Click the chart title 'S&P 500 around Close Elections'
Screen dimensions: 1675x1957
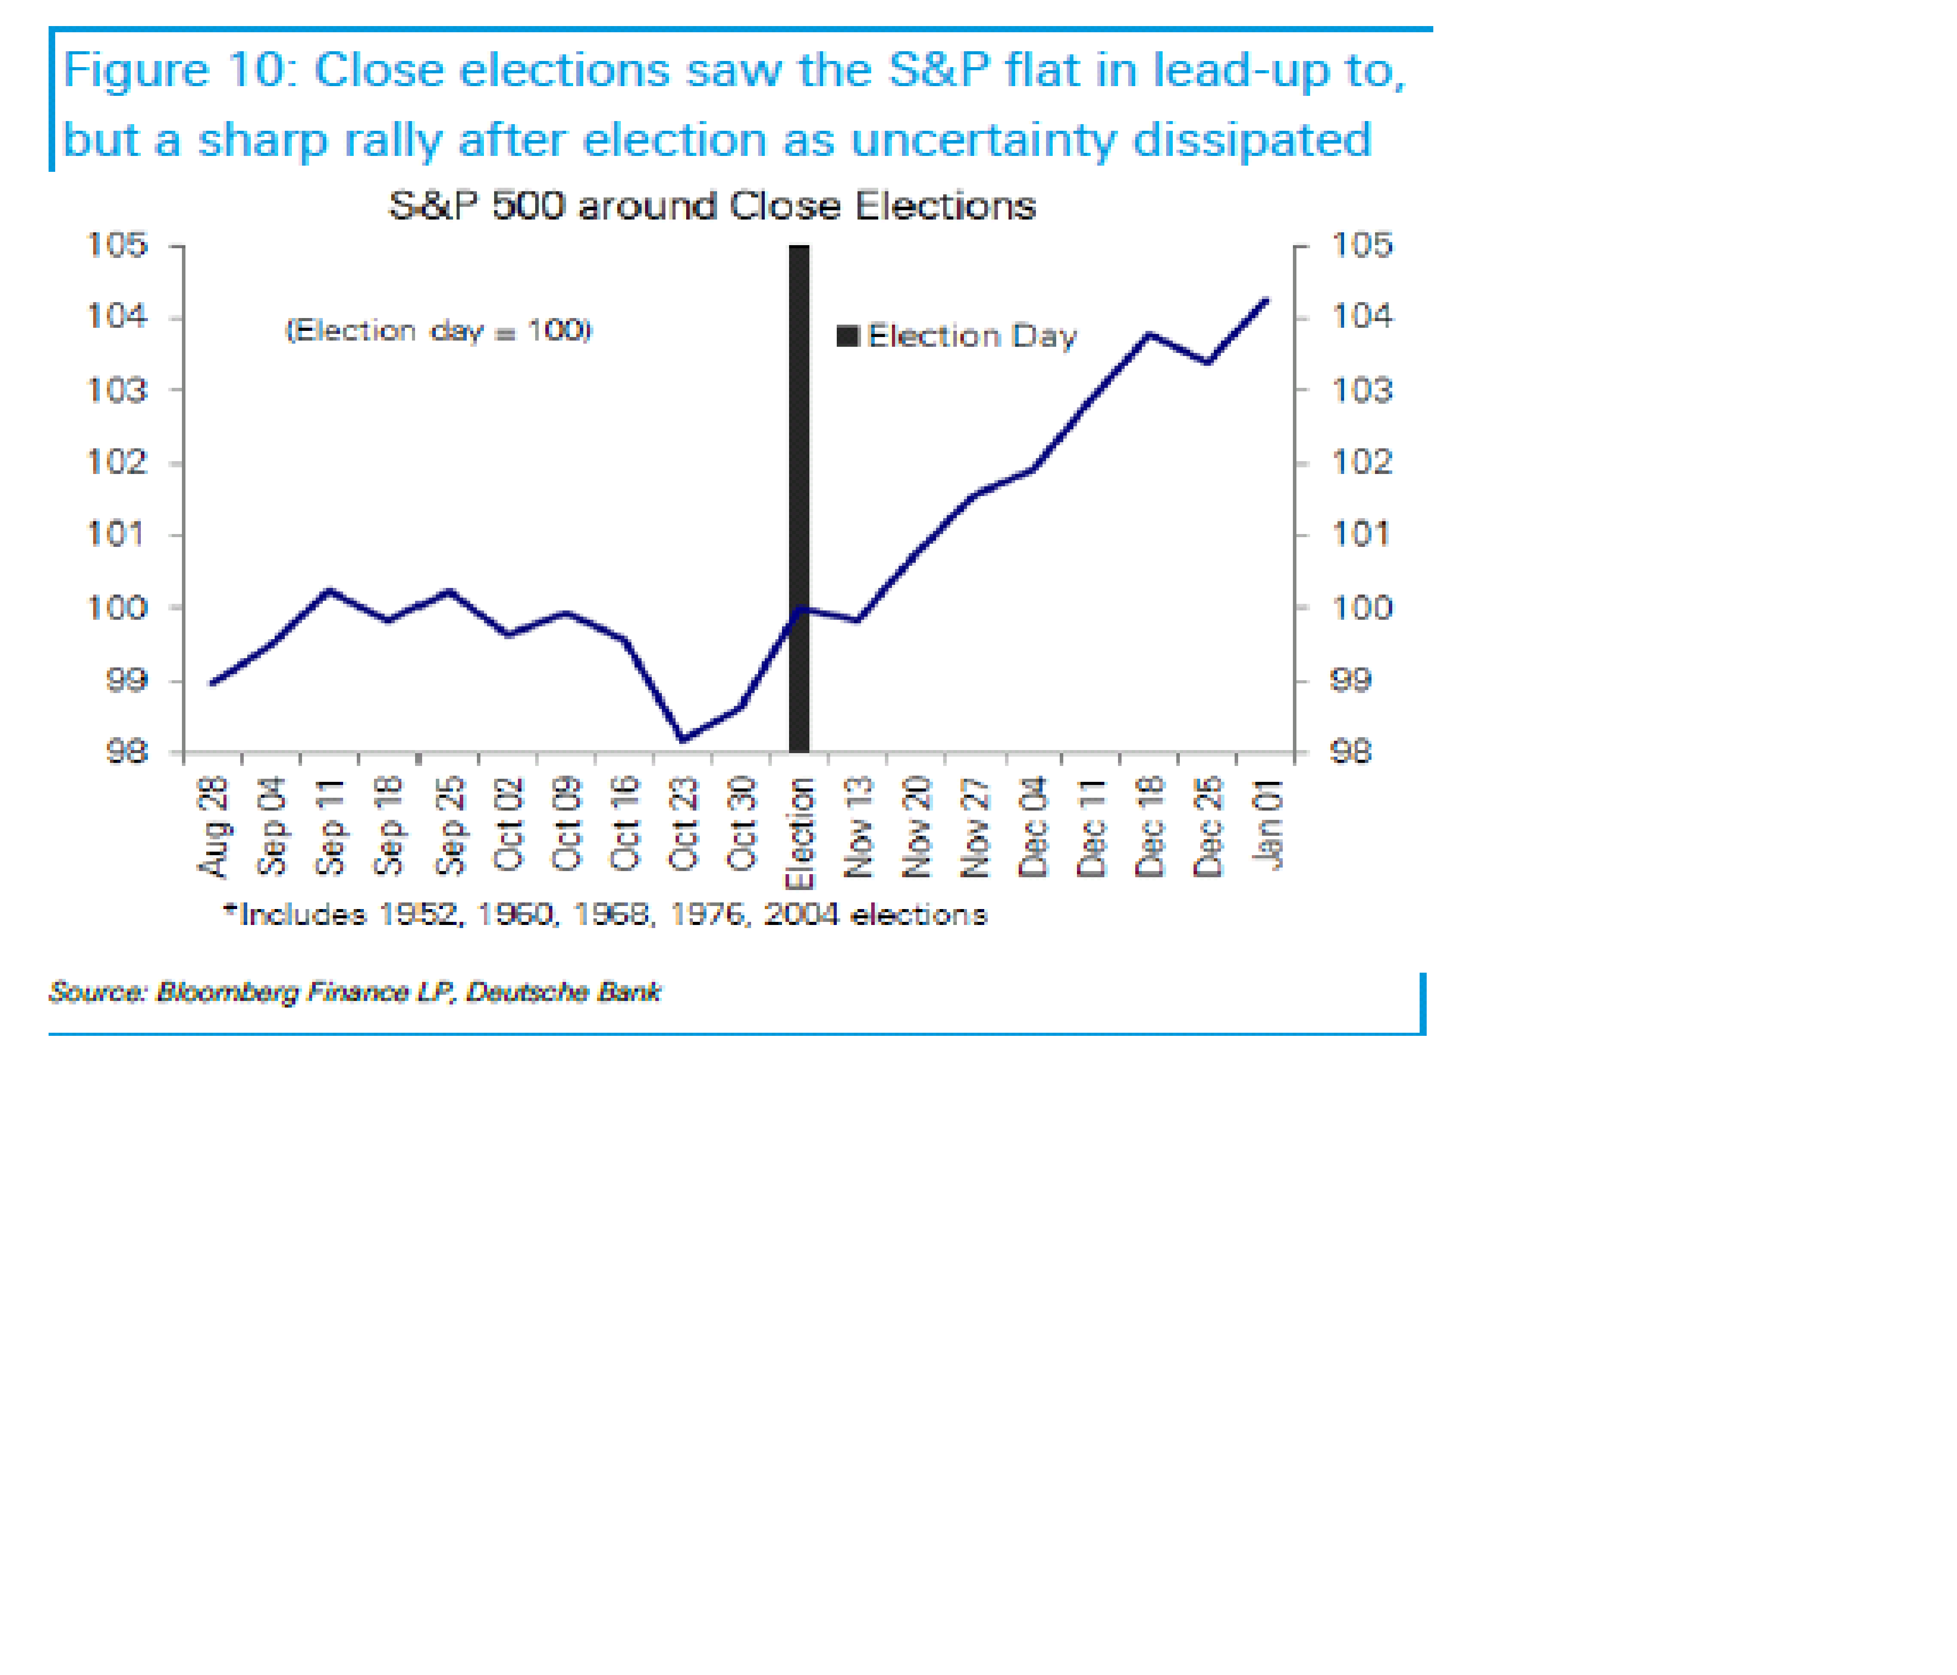712,206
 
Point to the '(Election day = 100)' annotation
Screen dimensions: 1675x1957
438,331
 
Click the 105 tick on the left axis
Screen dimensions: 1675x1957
117,246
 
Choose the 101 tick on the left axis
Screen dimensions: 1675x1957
117,535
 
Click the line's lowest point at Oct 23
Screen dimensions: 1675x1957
683,740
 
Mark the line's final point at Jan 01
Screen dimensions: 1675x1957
1266,300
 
